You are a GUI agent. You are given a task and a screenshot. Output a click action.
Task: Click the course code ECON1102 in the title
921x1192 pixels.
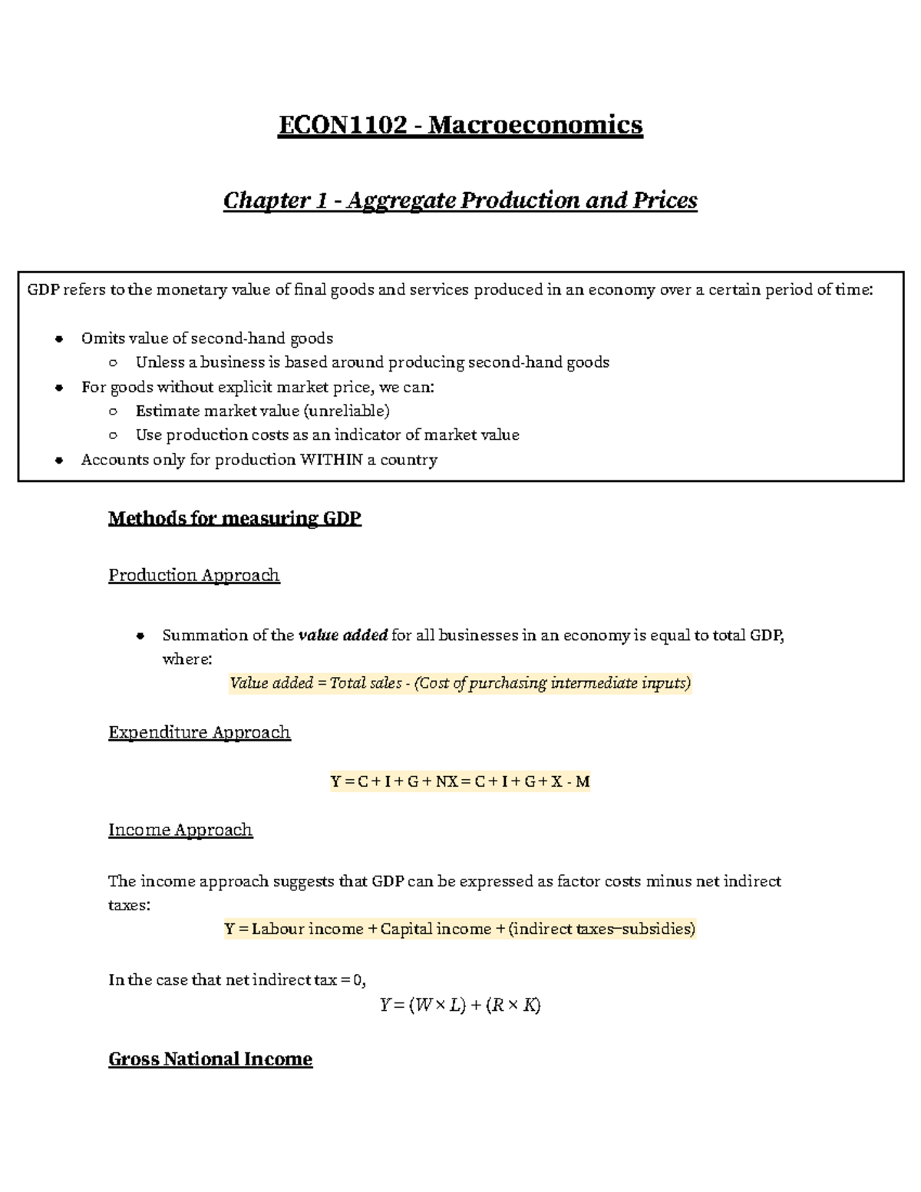point(342,124)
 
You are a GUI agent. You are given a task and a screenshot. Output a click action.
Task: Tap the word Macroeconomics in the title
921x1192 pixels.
point(535,124)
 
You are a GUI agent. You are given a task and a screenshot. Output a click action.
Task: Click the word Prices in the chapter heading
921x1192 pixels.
point(665,200)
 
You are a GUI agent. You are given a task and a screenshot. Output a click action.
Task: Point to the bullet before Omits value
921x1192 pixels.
point(58,339)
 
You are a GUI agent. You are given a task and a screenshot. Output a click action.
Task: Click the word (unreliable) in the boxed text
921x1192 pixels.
point(347,411)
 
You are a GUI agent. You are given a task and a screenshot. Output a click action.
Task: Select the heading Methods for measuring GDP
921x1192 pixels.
point(234,518)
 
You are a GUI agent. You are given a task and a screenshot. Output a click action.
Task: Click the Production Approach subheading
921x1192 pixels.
point(193,575)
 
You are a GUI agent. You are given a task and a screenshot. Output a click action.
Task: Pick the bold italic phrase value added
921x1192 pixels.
point(342,635)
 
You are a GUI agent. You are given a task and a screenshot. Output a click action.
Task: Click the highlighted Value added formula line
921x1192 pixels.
point(460,683)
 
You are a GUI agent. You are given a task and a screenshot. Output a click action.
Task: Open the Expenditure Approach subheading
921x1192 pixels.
point(199,732)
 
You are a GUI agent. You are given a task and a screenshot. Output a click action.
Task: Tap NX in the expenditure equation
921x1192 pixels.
point(446,781)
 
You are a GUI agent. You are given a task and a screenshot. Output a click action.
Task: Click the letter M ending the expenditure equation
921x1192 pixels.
point(582,781)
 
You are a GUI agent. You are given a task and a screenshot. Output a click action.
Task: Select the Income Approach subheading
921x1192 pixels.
point(180,830)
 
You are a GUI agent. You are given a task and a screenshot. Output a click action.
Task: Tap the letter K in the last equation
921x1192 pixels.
point(530,1005)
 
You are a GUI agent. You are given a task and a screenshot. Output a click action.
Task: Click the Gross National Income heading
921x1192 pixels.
point(210,1059)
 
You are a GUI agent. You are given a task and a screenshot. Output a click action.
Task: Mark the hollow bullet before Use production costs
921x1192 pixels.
point(113,435)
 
